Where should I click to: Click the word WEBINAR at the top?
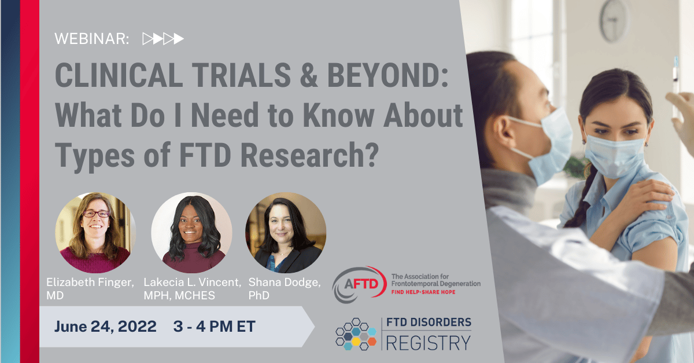point(91,39)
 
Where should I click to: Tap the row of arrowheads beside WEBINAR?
point(163,39)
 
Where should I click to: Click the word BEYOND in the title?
point(387,75)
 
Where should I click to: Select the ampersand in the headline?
point(309,75)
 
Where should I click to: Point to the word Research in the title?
point(309,155)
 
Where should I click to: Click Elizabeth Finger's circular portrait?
point(95,233)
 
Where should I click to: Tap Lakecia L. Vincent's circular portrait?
point(191,233)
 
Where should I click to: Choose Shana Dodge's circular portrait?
point(286,233)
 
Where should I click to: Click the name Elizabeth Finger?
point(90,283)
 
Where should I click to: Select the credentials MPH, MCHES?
point(179,295)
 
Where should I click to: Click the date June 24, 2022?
point(105,327)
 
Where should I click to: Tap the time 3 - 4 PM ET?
point(215,327)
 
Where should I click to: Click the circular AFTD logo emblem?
point(359,284)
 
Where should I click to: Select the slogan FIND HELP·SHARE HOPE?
point(423,292)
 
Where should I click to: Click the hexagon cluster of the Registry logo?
point(356,334)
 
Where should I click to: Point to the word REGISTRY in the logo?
point(429,343)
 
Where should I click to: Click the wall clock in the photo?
point(614,20)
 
